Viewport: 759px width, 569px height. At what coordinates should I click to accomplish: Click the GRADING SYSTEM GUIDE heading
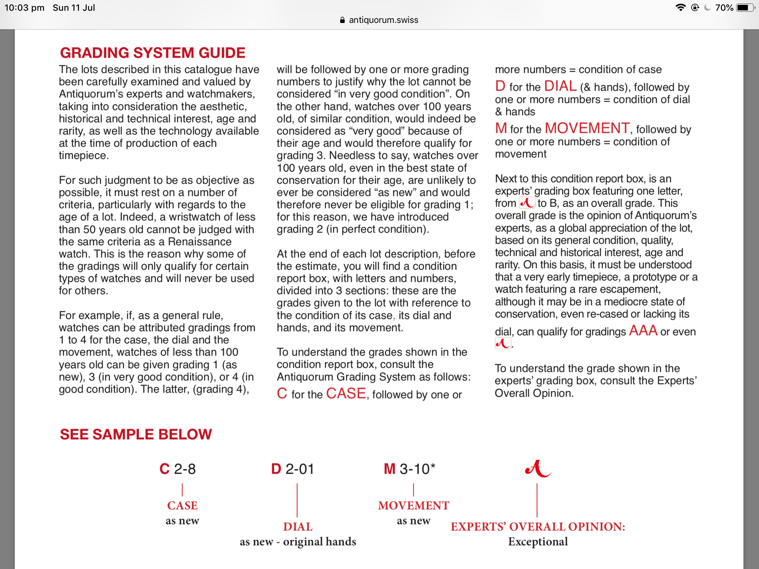point(153,53)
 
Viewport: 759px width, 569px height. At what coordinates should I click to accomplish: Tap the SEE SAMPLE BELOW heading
point(136,434)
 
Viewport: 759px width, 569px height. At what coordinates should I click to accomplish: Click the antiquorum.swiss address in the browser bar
point(383,20)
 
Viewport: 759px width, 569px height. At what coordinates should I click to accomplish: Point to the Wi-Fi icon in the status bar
point(680,8)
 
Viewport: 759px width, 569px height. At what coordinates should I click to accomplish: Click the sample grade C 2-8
point(178,469)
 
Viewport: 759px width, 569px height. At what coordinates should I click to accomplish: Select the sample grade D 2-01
point(292,469)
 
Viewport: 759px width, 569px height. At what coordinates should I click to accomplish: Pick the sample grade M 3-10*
point(410,469)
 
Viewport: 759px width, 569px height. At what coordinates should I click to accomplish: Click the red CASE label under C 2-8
point(182,505)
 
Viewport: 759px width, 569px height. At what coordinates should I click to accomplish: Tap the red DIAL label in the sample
point(298,526)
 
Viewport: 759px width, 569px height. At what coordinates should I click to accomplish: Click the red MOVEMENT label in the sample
point(414,505)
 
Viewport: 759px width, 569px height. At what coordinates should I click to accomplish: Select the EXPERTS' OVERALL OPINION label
point(538,526)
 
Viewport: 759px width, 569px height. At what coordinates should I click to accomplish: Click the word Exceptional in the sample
point(538,542)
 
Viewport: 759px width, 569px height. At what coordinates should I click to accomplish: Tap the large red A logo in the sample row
point(538,469)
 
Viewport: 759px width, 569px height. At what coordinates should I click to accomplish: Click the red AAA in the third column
point(643,330)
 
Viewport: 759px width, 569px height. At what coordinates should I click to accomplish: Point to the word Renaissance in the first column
point(200,242)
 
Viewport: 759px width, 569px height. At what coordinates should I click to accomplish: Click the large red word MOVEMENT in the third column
point(587,128)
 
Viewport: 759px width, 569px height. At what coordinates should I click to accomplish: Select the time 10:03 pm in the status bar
point(24,8)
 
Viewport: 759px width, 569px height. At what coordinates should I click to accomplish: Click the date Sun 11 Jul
point(74,8)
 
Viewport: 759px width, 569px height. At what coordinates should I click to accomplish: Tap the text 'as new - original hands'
point(298,542)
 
